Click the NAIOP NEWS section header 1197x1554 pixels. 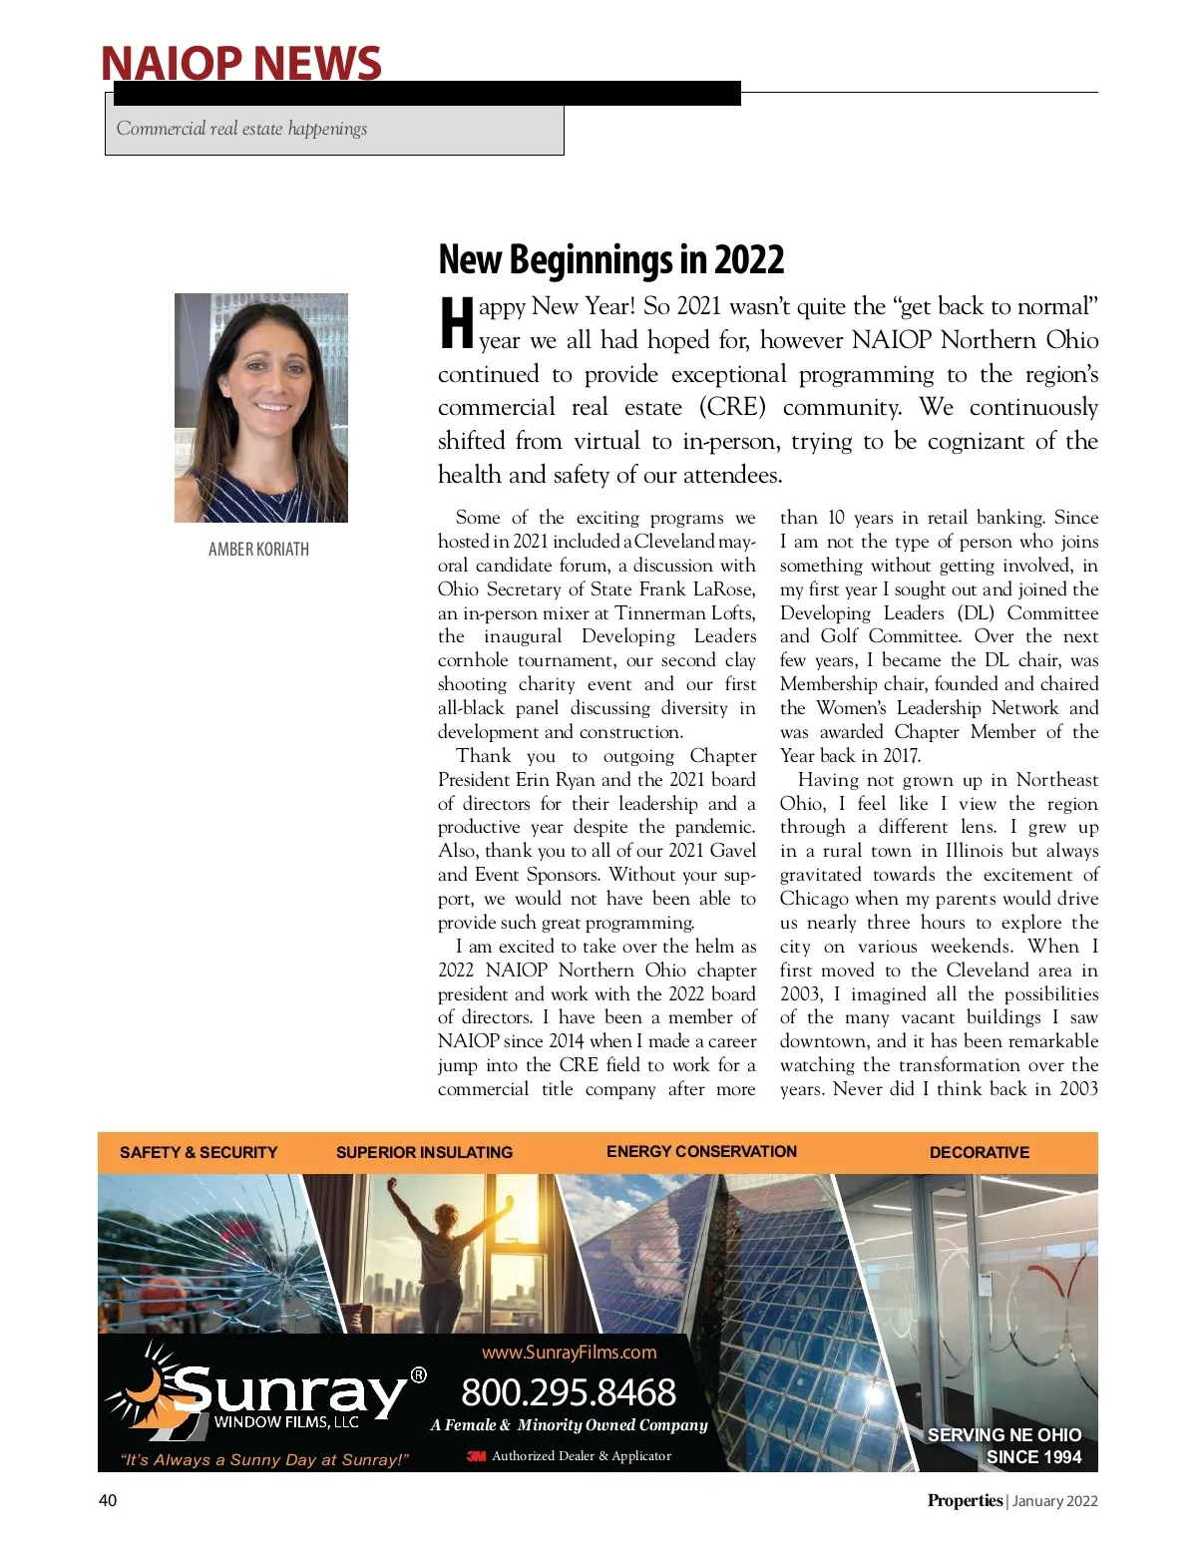[x=240, y=63]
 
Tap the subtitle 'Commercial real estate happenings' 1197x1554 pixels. [x=241, y=129]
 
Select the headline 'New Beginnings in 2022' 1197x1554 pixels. [x=610, y=260]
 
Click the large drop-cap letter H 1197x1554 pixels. [x=457, y=322]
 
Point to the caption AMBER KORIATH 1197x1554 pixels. [x=258, y=550]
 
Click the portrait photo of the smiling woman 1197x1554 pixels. [x=261, y=407]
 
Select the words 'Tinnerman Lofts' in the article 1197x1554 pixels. [x=684, y=613]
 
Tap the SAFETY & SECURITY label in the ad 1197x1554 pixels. [x=199, y=1152]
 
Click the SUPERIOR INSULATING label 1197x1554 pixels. [x=424, y=1152]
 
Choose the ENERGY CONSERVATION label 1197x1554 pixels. [x=701, y=1151]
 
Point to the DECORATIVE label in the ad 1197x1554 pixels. [x=979, y=1152]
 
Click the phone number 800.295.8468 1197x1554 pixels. [x=569, y=1392]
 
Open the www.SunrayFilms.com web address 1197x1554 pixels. [x=569, y=1353]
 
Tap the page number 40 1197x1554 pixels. [x=108, y=1500]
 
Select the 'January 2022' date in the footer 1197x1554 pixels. [x=1054, y=1501]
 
